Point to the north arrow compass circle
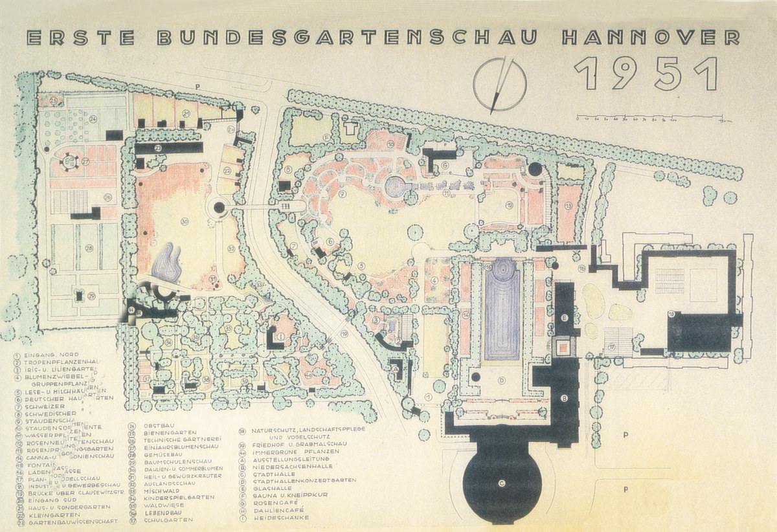point(499,84)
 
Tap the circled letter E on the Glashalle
point(565,318)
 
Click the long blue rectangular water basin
point(502,311)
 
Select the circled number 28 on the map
point(88,248)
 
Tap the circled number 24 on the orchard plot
point(93,119)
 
